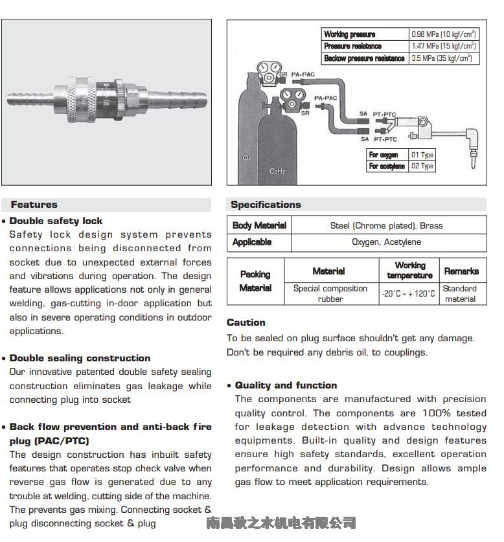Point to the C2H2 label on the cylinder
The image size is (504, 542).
pos(277,171)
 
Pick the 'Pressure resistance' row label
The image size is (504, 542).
pos(352,46)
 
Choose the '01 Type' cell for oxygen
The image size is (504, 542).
pos(422,155)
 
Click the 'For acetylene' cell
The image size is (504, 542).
pos(387,166)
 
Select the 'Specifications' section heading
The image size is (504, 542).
pos(266,205)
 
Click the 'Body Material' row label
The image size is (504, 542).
pos(259,225)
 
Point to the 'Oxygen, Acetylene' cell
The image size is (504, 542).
pos(386,242)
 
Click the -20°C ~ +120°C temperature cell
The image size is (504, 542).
pos(408,293)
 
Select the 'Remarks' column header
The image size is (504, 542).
pos(461,271)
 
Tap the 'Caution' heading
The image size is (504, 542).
pos(246,322)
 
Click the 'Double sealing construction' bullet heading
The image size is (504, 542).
pos(80,358)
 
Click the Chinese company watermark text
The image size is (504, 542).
pos(281,523)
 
